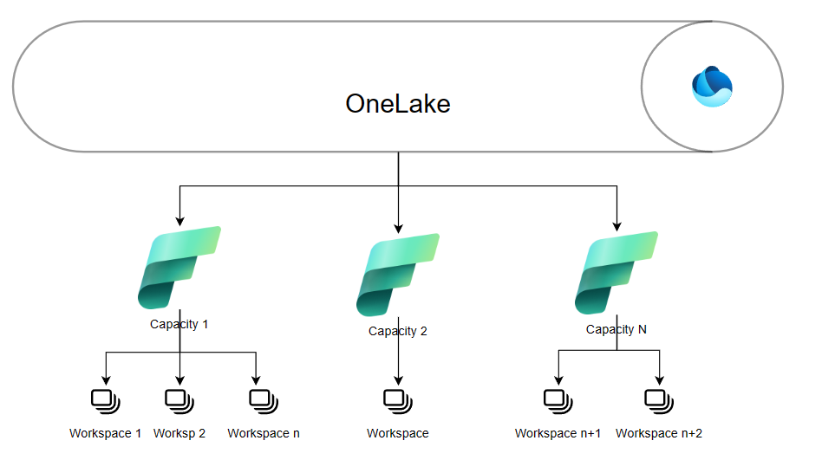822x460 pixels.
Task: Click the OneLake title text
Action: [x=398, y=104]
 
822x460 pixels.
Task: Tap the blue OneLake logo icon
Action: [x=712, y=87]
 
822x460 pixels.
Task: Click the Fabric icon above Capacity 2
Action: [x=398, y=275]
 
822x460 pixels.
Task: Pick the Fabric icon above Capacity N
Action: [x=616, y=272]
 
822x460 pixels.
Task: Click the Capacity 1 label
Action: [x=179, y=325]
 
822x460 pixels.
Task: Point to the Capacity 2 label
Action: [x=398, y=331]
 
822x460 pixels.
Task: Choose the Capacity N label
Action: [x=616, y=329]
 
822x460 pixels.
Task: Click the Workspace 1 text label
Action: [x=106, y=433]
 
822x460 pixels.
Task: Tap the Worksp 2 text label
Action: [x=179, y=433]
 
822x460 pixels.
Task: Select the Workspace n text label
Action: [x=264, y=433]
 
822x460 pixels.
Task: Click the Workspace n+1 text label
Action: [x=558, y=433]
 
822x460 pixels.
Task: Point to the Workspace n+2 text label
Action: [x=659, y=433]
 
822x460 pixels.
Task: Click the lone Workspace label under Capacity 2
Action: [x=398, y=433]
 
